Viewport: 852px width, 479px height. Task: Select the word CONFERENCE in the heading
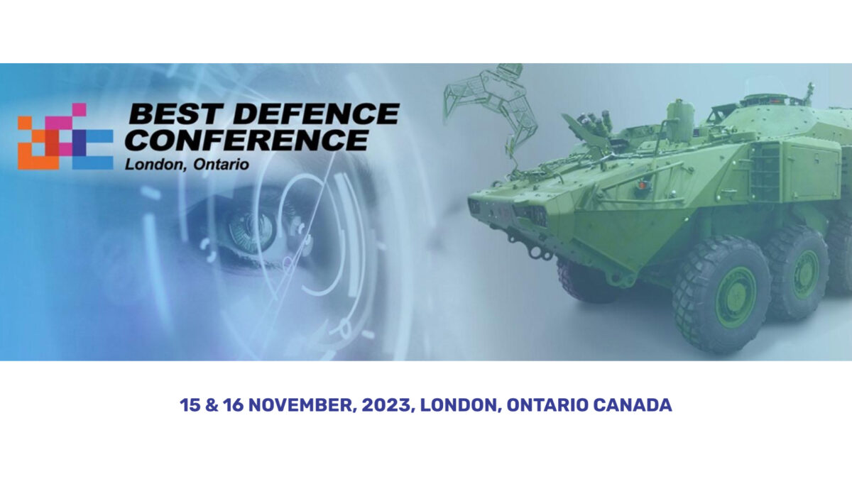coord(247,140)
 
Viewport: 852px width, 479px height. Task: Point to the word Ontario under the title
coord(221,165)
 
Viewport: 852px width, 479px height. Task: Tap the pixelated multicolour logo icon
coord(65,136)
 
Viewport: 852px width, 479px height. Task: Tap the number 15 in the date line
coord(190,405)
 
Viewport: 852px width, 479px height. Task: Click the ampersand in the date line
coord(212,405)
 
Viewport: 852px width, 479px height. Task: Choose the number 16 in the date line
coord(233,405)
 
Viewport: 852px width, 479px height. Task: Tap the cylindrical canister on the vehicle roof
coord(679,121)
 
